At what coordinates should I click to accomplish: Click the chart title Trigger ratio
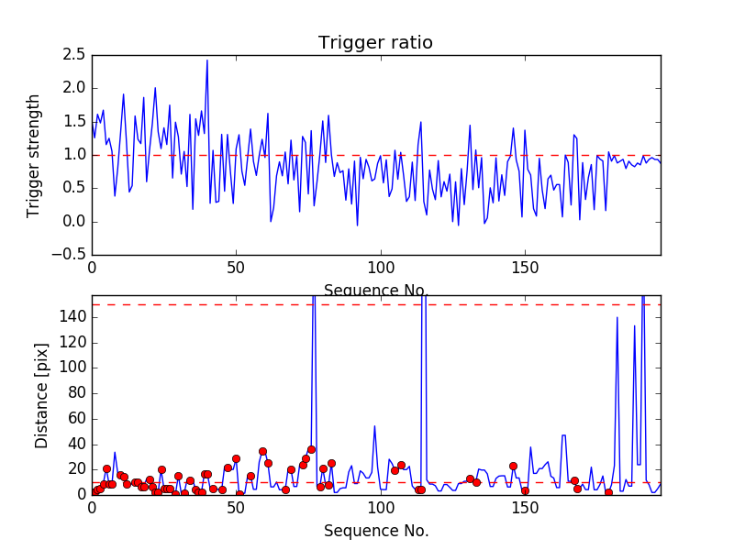click(375, 43)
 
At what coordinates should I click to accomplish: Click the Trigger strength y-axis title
click(34, 155)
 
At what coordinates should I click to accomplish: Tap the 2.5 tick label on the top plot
click(74, 55)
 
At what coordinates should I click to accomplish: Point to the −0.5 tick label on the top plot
click(70, 255)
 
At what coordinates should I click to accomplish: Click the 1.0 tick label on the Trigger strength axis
click(74, 155)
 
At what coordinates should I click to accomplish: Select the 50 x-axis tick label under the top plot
click(236, 269)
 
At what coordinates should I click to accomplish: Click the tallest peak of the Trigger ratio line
click(207, 60)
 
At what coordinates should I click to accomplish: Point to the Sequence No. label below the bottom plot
click(376, 531)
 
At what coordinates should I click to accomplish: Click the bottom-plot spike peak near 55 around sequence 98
click(374, 425)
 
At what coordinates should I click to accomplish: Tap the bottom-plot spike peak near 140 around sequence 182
click(617, 317)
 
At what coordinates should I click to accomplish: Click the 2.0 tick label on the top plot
click(74, 88)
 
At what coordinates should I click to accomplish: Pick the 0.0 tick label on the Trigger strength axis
click(74, 222)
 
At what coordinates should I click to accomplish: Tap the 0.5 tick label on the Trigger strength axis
click(74, 188)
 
